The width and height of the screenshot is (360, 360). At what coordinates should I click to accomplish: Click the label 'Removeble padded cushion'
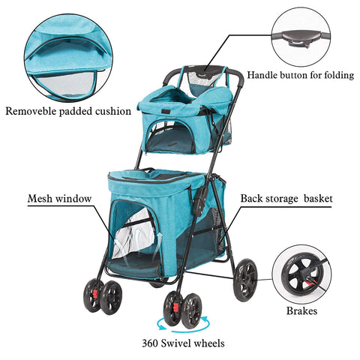pyautogui.click(x=68, y=111)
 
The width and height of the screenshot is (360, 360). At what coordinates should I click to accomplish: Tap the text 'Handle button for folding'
pyautogui.click(x=301, y=75)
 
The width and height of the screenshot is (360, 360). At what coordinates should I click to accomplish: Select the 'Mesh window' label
pyautogui.click(x=59, y=199)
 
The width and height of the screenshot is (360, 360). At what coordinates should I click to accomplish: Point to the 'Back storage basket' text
pyautogui.click(x=286, y=199)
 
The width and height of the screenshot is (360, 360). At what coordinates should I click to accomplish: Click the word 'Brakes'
pyautogui.click(x=301, y=310)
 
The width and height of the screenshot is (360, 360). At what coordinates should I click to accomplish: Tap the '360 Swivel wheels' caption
pyautogui.click(x=183, y=343)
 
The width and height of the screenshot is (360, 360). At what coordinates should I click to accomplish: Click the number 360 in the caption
pyautogui.click(x=150, y=343)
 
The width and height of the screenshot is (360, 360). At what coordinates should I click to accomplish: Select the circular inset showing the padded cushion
pyautogui.click(x=68, y=58)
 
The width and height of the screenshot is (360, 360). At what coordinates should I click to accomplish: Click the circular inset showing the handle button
pyautogui.click(x=301, y=37)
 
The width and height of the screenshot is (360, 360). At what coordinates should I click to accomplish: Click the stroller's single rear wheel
pyautogui.click(x=245, y=280)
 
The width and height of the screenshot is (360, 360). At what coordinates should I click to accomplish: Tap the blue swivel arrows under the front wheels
pyautogui.click(x=183, y=325)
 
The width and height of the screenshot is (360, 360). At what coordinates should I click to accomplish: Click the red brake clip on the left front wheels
pyautogui.click(x=95, y=294)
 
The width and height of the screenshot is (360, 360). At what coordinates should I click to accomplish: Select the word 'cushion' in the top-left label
pyautogui.click(x=112, y=111)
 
